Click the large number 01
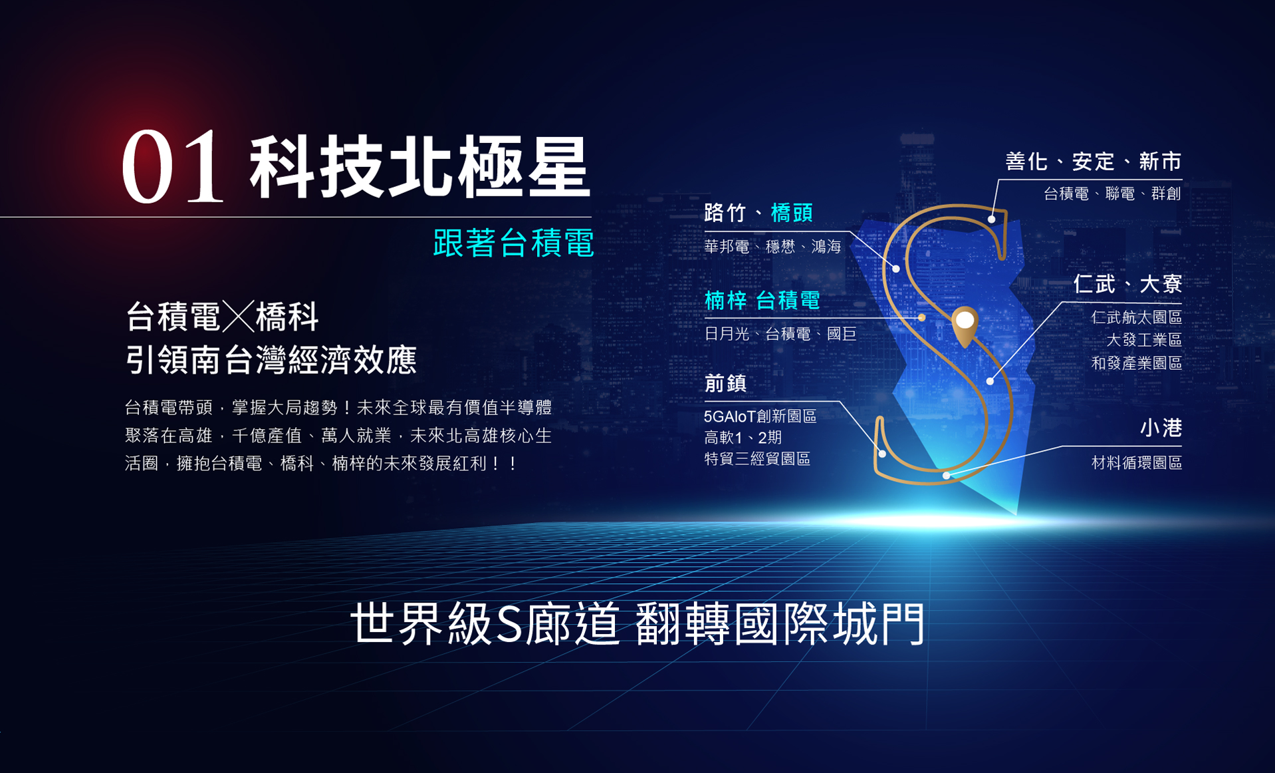point(172,166)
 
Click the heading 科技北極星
point(419,166)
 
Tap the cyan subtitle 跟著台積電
point(513,243)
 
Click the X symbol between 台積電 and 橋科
point(238,316)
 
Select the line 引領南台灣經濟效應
point(271,360)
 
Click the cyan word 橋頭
point(792,213)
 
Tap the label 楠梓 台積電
point(762,301)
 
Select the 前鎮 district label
point(725,383)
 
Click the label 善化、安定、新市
point(1094,162)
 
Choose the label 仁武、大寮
point(1127,285)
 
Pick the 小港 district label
point(1161,428)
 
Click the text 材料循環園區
point(1137,463)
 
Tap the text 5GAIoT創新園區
point(760,416)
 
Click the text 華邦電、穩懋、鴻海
point(772,247)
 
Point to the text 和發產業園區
point(1137,363)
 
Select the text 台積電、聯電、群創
point(1112,194)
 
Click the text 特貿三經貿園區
point(757,459)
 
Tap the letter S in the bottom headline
point(509,625)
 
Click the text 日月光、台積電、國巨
point(780,334)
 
